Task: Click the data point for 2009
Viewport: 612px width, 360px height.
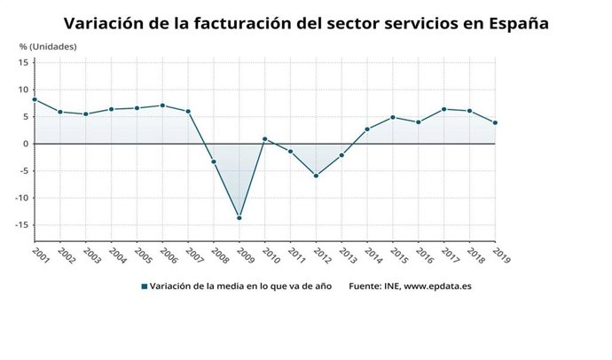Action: (239, 218)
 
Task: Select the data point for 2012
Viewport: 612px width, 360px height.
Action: (316, 176)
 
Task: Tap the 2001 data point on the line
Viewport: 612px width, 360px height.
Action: (35, 99)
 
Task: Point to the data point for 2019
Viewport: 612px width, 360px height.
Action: (495, 122)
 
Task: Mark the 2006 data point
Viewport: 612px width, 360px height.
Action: (162, 106)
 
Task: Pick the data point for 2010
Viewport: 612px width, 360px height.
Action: (264, 139)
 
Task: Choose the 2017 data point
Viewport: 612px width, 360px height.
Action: (443, 109)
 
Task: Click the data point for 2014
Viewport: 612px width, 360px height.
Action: (367, 129)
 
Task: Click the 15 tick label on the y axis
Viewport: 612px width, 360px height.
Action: (24, 62)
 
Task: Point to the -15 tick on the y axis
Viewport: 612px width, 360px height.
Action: (22, 224)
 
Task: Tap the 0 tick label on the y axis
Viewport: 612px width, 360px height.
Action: (27, 144)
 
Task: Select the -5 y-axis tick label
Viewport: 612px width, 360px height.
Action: (24, 170)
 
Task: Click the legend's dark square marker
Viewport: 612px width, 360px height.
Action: (145, 286)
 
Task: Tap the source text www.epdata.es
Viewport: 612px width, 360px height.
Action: (438, 286)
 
